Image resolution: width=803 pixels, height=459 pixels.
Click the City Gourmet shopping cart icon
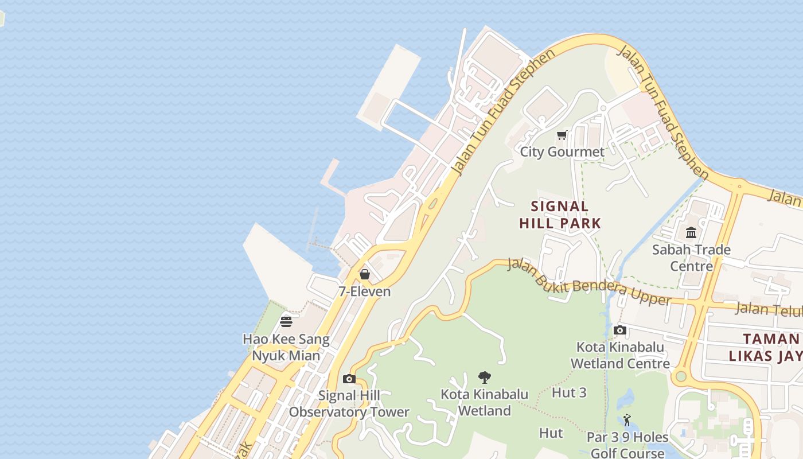(562, 135)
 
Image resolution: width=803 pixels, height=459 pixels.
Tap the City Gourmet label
(562, 152)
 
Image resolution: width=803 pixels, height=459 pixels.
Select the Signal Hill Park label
(560, 215)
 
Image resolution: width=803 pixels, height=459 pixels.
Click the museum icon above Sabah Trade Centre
(691, 233)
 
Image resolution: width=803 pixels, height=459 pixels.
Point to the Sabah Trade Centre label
(691, 258)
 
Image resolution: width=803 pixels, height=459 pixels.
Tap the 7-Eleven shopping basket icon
(364, 274)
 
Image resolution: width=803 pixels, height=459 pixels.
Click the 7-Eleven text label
(364, 291)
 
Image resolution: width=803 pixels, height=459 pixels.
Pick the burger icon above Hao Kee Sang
(286, 321)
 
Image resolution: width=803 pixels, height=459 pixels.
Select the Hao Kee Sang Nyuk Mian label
(286, 347)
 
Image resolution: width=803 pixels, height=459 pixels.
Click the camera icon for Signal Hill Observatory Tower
(349, 379)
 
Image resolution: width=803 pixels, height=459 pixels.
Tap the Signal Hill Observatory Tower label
(349, 403)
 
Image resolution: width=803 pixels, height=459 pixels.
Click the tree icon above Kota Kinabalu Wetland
(484, 377)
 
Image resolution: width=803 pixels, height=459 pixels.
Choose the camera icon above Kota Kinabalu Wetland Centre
(619, 330)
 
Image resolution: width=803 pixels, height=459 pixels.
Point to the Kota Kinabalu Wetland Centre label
(620, 355)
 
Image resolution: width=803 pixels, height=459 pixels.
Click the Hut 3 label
(569, 392)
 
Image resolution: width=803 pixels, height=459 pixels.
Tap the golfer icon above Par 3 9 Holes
(627, 420)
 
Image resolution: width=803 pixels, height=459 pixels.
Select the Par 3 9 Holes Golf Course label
(627, 445)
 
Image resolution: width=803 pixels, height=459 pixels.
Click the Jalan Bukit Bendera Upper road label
(590, 283)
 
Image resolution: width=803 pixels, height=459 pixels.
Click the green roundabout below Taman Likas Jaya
(681, 376)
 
